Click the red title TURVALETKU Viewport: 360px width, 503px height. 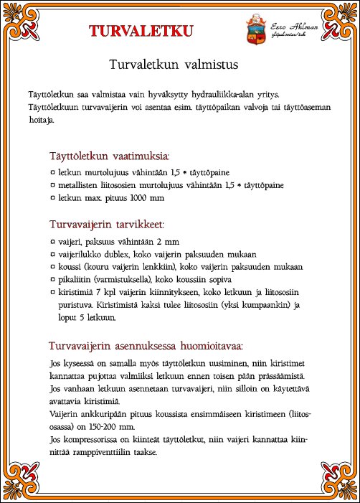pos(141,30)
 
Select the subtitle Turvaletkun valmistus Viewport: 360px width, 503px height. pos(173,64)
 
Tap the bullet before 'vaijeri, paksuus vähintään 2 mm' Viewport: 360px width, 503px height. pos(54,243)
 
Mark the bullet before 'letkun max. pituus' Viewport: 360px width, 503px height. pos(54,197)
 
